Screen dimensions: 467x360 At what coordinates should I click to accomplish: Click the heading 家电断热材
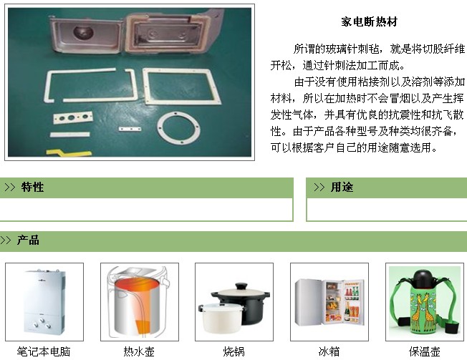click(x=369, y=21)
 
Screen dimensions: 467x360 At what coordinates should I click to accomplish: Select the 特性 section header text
click(x=32, y=187)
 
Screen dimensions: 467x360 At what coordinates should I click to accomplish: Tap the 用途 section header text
click(x=342, y=187)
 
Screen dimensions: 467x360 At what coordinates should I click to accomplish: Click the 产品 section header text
click(x=28, y=240)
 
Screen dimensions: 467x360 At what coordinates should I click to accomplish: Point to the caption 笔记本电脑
click(x=44, y=351)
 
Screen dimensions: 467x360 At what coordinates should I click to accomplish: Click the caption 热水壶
click(x=139, y=351)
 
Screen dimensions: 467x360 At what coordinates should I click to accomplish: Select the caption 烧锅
click(x=234, y=351)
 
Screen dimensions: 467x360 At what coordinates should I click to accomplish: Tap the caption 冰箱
click(x=329, y=351)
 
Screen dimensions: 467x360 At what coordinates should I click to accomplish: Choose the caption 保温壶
click(x=425, y=351)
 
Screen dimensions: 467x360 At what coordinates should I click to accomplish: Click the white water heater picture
click(x=44, y=302)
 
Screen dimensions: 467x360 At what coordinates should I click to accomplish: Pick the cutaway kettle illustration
click(x=140, y=302)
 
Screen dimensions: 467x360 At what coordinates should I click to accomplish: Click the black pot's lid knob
click(x=241, y=286)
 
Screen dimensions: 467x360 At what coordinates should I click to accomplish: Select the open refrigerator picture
click(x=329, y=302)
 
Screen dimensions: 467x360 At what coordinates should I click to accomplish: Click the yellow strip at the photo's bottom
click(x=69, y=152)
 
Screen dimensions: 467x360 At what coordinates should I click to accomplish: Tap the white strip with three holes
click(x=73, y=118)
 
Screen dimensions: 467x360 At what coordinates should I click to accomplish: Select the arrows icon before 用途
click(x=319, y=187)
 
